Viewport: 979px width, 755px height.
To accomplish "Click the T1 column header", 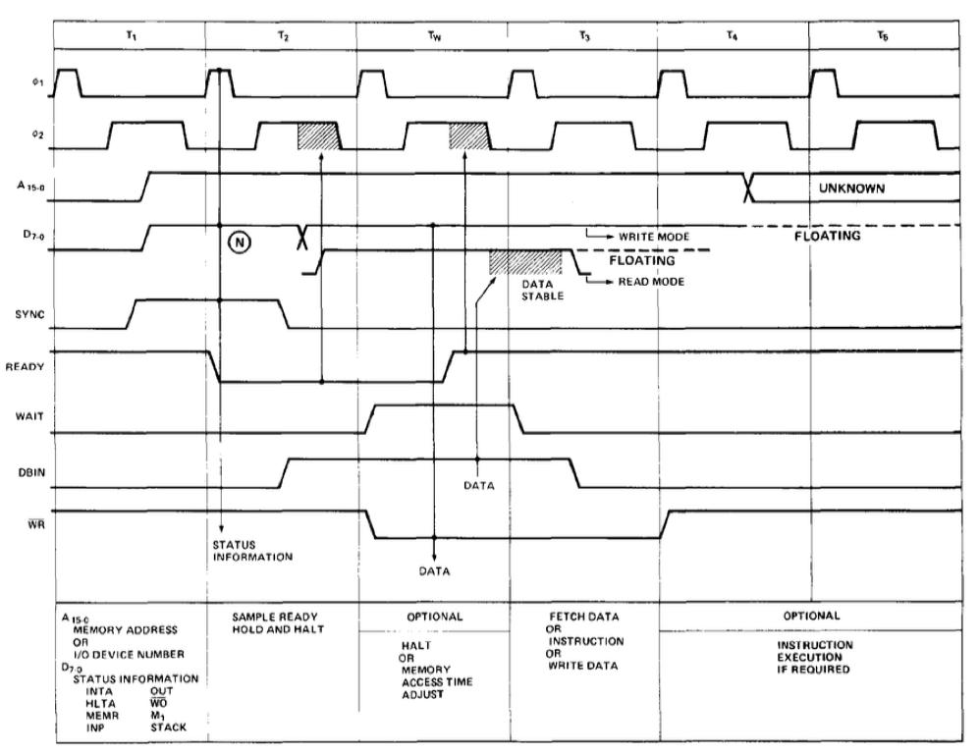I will [x=131, y=33].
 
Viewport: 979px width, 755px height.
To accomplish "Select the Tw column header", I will [x=433, y=33].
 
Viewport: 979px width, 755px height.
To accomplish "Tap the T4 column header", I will [x=733, y=33].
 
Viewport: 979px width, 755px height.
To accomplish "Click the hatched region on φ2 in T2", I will [x=318, y=135].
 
